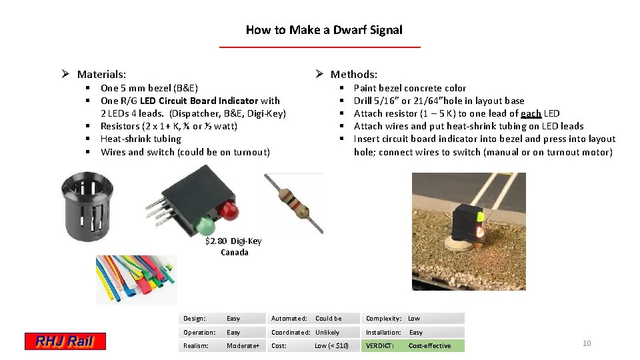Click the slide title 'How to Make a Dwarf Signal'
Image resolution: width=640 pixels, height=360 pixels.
(x=324, y=30)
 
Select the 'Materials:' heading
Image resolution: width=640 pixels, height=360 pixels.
(x=101, y=75)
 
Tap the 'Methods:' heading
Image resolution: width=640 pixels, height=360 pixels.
(x=353, y=75)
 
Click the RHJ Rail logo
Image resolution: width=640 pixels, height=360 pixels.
(x=65, y=342)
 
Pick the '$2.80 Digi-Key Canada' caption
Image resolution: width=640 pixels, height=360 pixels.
(x=234, y=247)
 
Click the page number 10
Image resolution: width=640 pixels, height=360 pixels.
(x=587, y=343)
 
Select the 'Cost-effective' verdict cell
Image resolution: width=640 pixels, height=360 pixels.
(x=429, y=346)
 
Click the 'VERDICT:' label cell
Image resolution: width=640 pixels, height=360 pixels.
(x=381, y=346)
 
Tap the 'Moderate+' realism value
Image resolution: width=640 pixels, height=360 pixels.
(x=243, y=346)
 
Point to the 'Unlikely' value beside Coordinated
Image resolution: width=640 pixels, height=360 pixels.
(x=327, y=332)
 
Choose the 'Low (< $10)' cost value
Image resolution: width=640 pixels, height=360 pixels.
(x=331, y=346)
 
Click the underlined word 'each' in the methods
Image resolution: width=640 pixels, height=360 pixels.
(x=531, y=113)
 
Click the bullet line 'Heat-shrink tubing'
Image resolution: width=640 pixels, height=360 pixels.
(x=141, y=139)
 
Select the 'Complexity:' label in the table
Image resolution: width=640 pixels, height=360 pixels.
(x=384, y=319)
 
